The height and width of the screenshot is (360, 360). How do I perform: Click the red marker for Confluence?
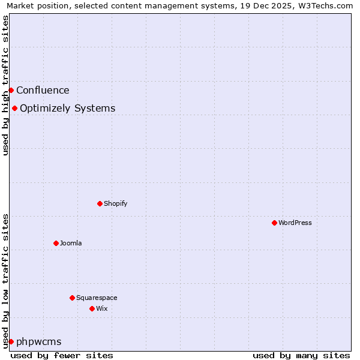coord(11,90)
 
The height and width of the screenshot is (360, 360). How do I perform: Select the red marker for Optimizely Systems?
coord(14,108)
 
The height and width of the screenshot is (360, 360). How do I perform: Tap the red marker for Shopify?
coord(100,203)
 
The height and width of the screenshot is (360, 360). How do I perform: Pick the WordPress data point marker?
coord(274,223)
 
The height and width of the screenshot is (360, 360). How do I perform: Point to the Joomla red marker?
coord(56,243)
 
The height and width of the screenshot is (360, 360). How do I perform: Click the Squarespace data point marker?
coord(72,298)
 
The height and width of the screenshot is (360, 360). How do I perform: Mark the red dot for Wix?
coord(92,308)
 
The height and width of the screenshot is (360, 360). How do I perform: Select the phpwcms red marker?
coord(11,341)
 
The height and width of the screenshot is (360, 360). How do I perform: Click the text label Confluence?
coord(43,91)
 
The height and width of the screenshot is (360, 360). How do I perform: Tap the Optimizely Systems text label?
coord(67,109)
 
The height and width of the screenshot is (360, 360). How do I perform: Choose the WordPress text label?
coord(295,223)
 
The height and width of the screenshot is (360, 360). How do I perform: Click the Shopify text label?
coord(116,203)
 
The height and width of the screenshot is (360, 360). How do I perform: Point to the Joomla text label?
coord(71,243)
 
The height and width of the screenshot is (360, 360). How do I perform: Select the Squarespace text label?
coord(97,298)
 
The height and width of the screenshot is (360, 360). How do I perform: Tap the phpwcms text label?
coord(39,342)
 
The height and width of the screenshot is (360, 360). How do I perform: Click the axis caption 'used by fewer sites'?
coord(62,355)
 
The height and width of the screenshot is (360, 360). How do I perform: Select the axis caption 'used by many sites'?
coord(301,355)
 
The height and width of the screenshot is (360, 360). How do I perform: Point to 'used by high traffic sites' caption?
coord(5,85)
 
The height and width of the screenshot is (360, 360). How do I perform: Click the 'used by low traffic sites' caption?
coord(5,280)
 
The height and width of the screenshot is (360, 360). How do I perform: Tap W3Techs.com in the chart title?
coord(327,5)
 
